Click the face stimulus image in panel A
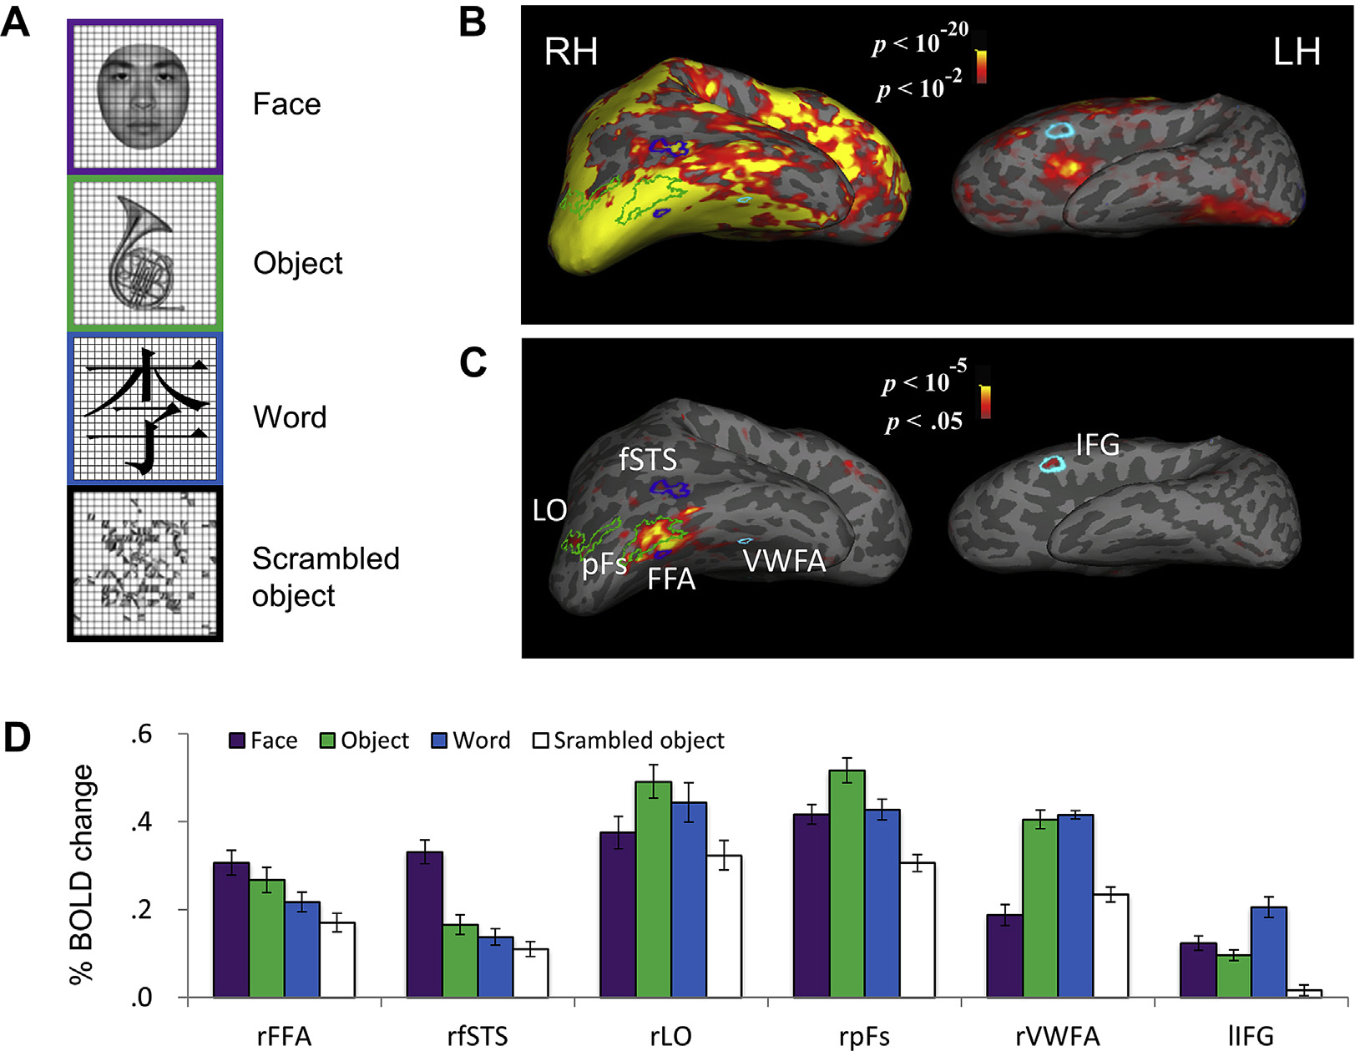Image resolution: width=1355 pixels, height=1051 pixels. (144, 97)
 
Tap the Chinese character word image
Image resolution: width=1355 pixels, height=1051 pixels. (144, 409)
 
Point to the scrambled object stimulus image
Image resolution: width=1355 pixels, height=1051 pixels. (144, 564)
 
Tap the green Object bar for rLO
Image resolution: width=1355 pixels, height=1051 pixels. (653, 889)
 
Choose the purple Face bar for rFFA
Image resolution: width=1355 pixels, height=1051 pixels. (231, 930)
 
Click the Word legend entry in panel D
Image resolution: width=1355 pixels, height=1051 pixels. (472, 740)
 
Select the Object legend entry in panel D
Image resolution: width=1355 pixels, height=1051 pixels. (365, 740)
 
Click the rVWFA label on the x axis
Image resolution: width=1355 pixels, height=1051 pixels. (1057, 1036)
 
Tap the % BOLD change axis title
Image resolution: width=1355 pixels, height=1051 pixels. (82, 874)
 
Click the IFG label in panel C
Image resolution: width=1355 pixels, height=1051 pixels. (1097, 445)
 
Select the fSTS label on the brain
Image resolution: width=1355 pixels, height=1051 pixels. (648, 459)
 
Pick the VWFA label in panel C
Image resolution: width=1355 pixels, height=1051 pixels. (784, 561)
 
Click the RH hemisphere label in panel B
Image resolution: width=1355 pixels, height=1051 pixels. (571, 52)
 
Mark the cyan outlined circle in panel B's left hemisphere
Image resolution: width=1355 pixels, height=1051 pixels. (1059, 130)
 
